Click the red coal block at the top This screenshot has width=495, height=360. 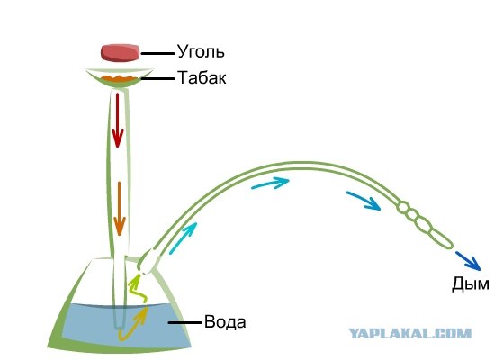click(120, 53)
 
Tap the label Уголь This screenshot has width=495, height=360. click(201, 51)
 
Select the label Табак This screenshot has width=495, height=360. click(202, 77)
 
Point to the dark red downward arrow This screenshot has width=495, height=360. click(118, 120)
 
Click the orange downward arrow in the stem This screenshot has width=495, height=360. click(120, 209)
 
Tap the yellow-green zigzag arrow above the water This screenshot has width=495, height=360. click(137, 288)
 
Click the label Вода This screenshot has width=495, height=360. click(225, 322)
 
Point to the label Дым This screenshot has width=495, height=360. click(471, 283)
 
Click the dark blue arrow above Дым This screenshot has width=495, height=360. click(468, 261)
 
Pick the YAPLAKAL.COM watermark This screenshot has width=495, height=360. click(410, 333)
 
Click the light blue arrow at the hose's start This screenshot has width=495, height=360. click(183, 238)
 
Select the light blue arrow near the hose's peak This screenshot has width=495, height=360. click(270, 183)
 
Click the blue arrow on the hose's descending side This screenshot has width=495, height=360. click(364, 201)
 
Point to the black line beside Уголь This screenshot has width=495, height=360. click(157, 54)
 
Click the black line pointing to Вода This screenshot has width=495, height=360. click(184, 323)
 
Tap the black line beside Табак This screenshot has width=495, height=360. click(157, 78)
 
